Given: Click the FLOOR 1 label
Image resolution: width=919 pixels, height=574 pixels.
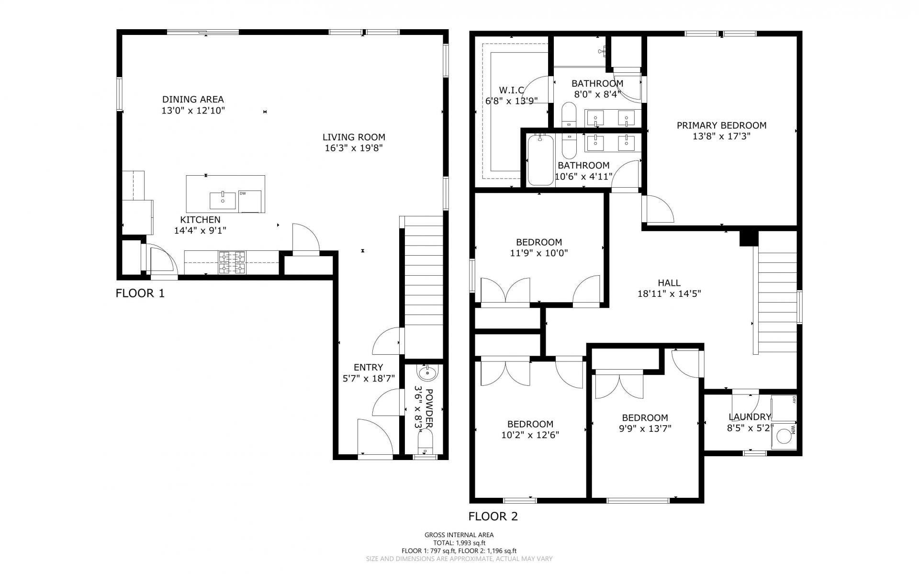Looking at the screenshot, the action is click(x=140, y=293).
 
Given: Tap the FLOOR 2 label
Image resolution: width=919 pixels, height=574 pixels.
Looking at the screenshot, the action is click(x=493, y=516).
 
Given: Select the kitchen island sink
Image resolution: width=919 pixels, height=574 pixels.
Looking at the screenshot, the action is click(x=223, y=201).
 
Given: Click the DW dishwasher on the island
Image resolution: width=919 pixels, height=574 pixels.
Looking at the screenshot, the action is click(x=250, y=201).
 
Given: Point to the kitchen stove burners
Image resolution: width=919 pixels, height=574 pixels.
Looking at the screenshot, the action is click(x=232, y=262).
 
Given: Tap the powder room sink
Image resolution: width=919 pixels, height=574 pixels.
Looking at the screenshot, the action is click(x=426, y=372).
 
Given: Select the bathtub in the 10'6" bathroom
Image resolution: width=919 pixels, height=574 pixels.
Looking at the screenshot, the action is click(x=540, y=160).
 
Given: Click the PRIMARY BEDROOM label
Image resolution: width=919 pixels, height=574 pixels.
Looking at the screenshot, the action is click(x=721, y=125).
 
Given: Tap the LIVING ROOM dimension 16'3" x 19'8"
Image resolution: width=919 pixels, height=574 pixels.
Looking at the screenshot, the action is click(x=354, y=148).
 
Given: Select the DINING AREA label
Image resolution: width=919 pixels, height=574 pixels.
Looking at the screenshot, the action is click(x=193, y=100).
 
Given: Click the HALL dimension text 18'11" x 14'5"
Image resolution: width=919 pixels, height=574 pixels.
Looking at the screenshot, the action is click(x=669, y=293).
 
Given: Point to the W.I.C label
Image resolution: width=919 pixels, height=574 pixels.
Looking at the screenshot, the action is click(x=511, y=90).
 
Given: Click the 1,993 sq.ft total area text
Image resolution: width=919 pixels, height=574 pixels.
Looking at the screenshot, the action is click(x=459, y=543).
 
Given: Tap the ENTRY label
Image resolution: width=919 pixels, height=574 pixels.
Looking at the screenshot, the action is click(x=368, y=367).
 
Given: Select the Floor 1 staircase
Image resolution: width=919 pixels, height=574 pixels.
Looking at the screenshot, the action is click(x=424, y=287).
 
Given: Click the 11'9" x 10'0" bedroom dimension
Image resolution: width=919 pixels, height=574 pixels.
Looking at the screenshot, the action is click(x=539, y=253).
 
